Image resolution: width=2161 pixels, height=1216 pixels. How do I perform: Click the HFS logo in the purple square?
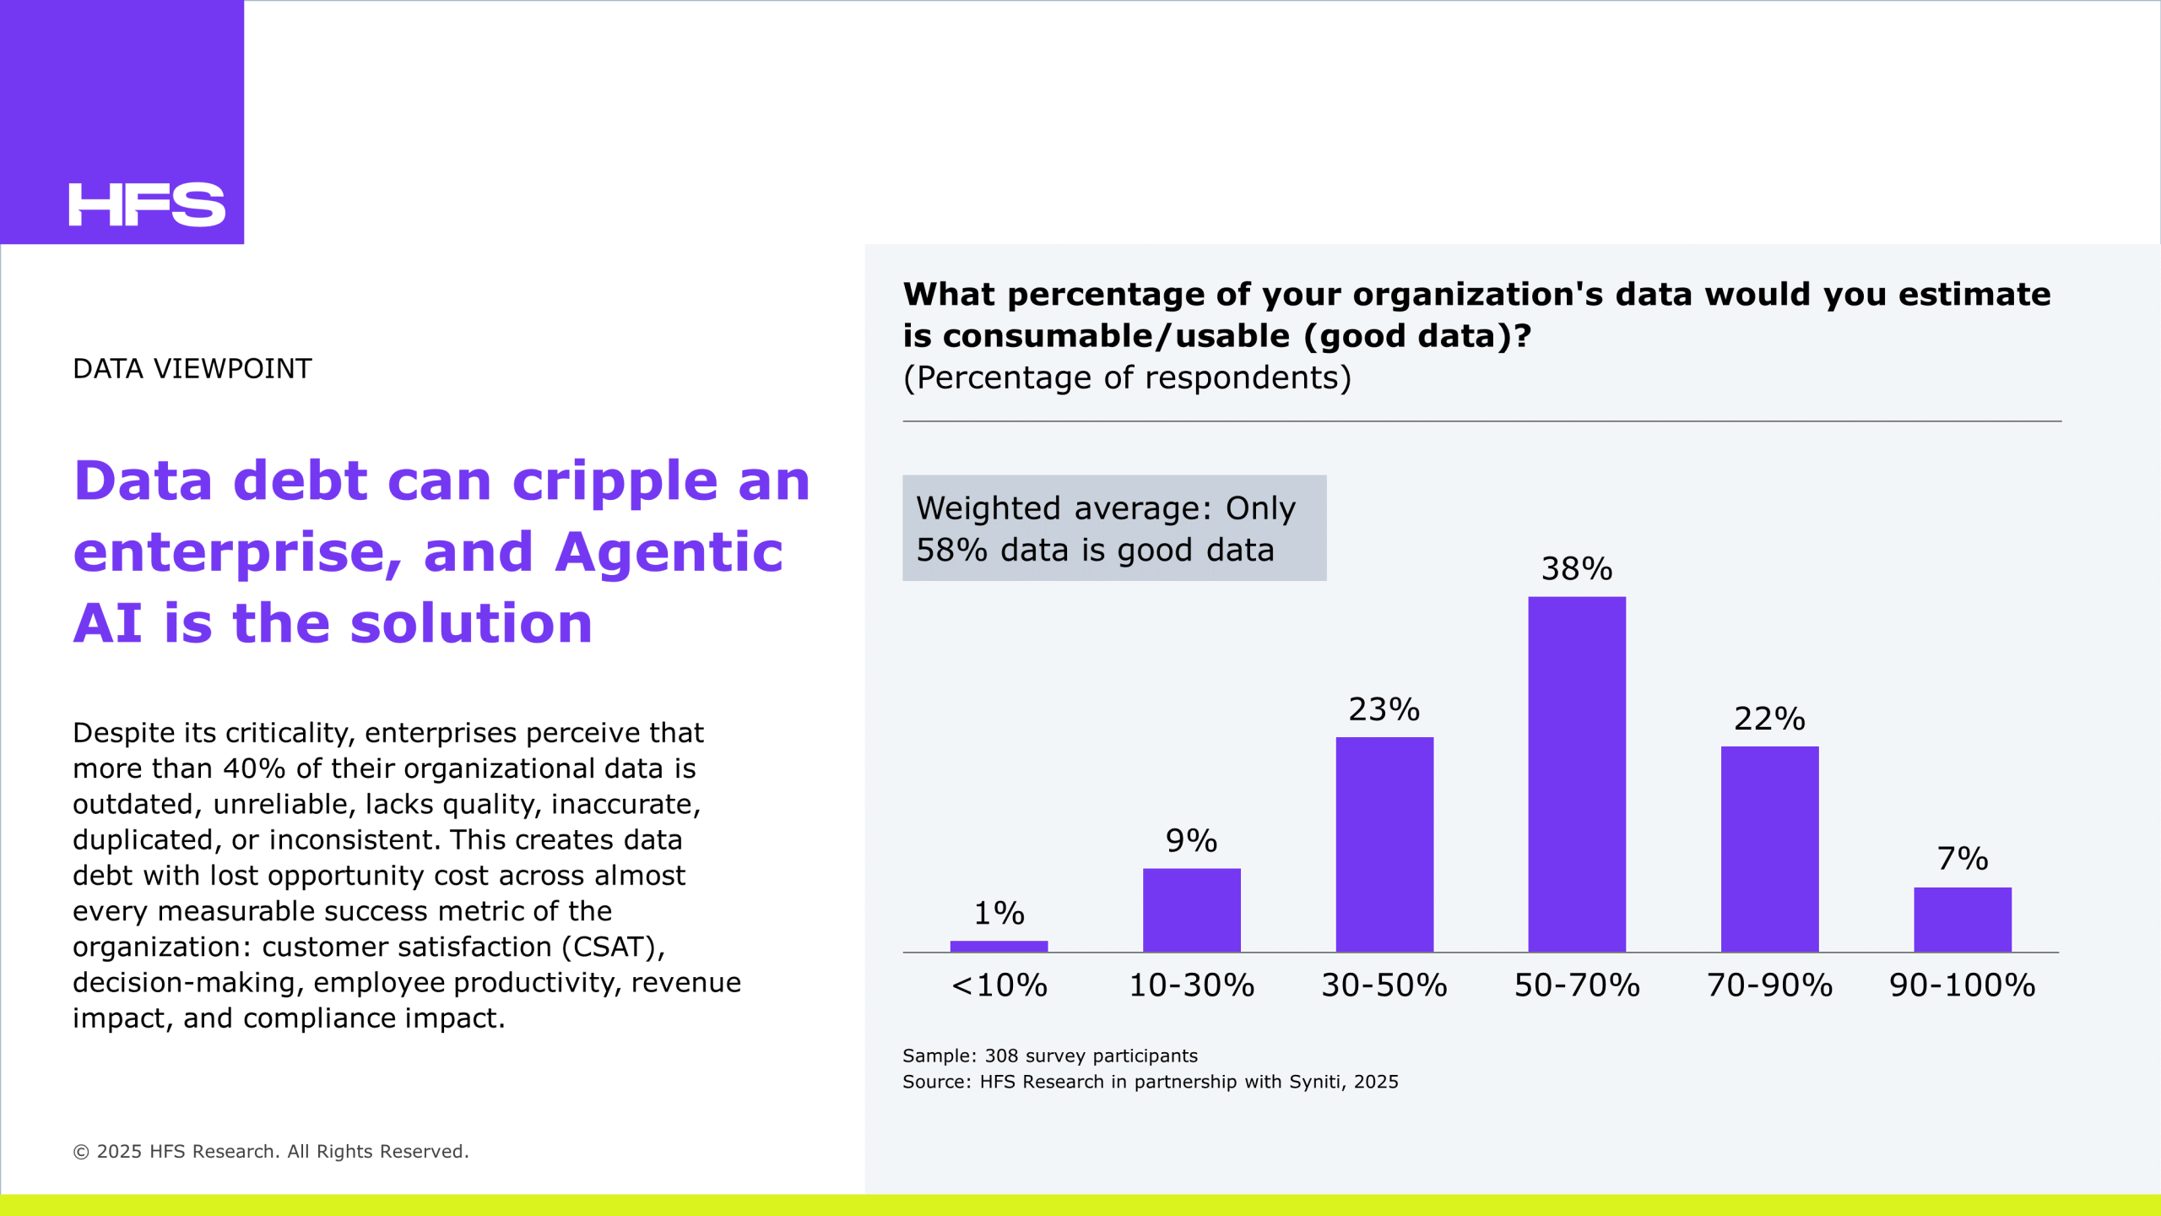147,204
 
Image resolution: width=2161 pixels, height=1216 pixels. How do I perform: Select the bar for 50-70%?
1577,774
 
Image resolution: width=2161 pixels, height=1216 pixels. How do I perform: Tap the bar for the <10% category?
999,947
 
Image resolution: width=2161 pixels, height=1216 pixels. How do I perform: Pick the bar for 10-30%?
1192,910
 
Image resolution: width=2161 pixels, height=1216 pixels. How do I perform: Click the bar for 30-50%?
1384,844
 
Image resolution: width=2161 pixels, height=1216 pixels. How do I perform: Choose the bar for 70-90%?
1770,850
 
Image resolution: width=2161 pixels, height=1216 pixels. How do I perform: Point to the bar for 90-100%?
1963,920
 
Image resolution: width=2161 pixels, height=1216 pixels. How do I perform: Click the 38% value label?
1577,569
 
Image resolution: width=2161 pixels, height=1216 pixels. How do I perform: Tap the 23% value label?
1384,709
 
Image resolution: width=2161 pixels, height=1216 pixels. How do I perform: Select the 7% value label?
1963,859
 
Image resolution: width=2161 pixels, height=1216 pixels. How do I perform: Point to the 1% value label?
999,913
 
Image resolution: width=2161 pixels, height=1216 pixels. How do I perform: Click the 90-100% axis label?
1963,985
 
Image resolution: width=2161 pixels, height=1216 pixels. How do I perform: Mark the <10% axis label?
999,985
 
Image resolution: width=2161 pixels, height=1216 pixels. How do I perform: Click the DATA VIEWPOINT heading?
192,369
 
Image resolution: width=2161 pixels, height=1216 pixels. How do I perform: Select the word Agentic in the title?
669,552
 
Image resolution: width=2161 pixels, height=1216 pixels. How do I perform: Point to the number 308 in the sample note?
1002,1056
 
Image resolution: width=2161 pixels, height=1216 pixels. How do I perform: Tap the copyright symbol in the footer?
81,1152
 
